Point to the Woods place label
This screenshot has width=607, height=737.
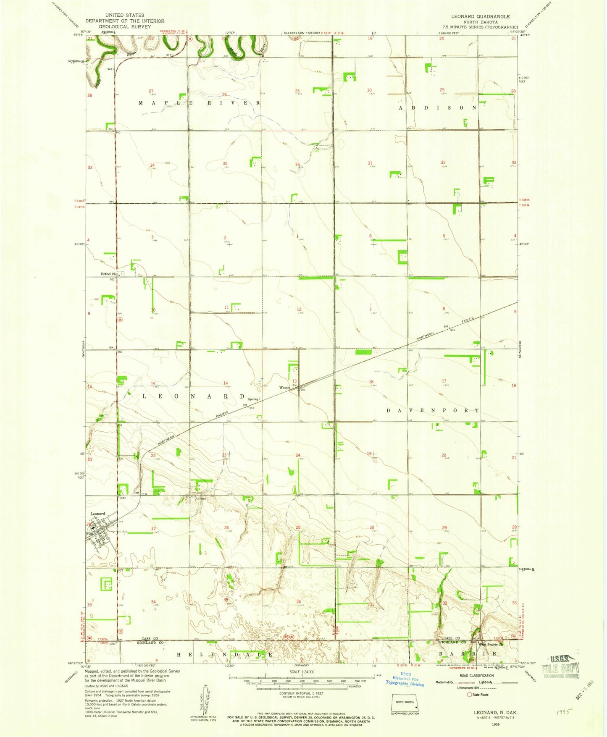pos(284,387)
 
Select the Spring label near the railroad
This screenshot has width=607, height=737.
pos(253,399)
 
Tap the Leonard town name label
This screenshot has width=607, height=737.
pos(98,514)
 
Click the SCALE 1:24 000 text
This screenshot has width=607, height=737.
pos(301,672)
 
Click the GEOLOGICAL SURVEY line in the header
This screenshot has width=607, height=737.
pos(125,26)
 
